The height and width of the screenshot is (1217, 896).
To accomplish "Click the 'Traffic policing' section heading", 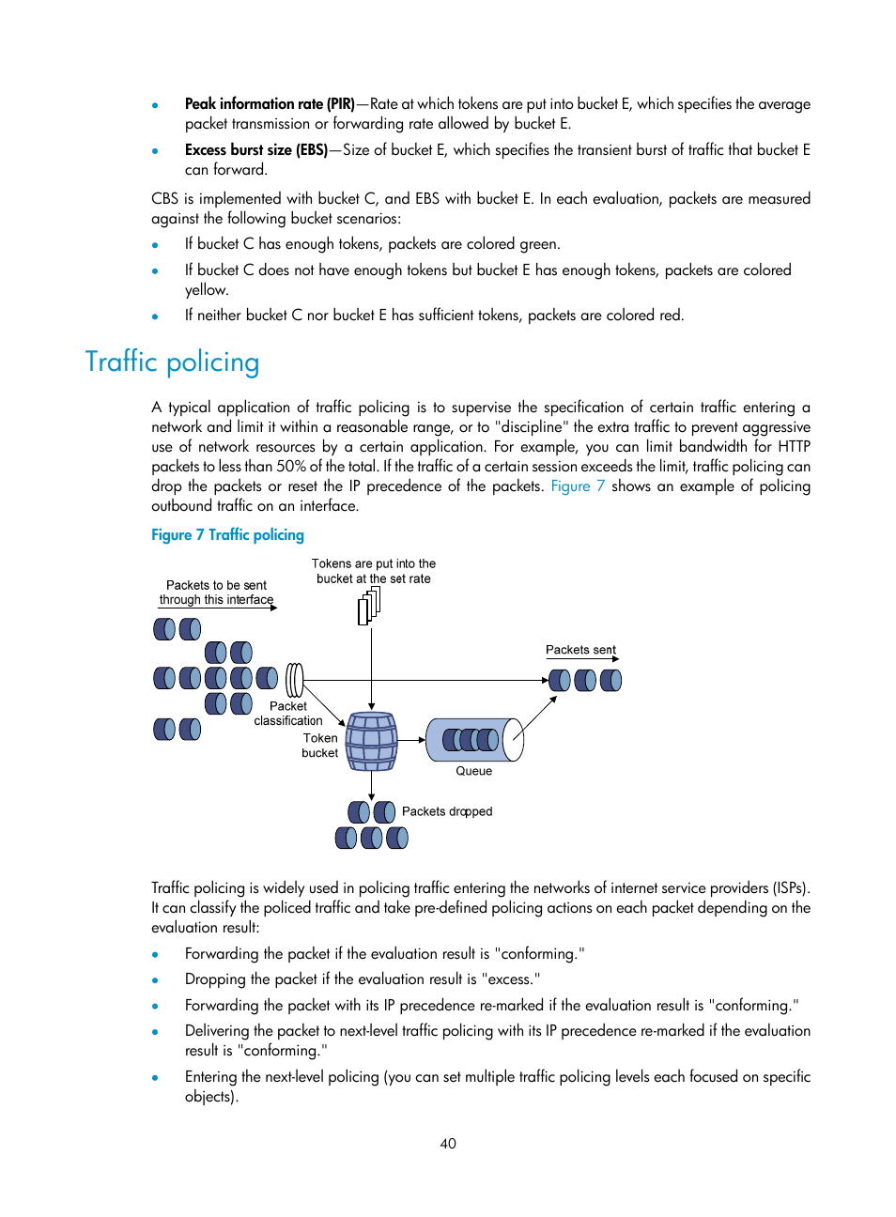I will pos(172,362).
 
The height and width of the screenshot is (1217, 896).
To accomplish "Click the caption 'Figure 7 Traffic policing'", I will pos(227,535).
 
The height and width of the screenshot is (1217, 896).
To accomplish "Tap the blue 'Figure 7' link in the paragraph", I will pos(577,486).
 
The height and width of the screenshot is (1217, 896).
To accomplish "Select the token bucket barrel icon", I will pos(372,741).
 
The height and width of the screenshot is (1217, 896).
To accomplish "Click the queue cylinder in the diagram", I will pos(474,740).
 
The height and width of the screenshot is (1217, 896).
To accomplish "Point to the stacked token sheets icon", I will pos(369,606).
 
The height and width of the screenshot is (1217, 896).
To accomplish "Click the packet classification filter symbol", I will pos(295,680).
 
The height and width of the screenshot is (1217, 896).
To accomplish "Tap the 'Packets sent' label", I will pos(580,650).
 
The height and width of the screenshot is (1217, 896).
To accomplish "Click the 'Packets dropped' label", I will pos(447,811).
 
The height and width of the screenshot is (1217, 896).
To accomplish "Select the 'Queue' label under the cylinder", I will pos(473,771).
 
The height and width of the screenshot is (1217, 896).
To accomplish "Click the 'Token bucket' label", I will pos(320,746).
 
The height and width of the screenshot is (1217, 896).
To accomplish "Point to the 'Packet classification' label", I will pos(288,714).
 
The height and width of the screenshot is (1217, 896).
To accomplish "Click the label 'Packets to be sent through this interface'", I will pos(216,593).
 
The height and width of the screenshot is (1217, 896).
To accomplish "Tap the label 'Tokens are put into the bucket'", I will pos(374,571).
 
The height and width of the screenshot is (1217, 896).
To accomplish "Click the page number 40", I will pos(448,1144).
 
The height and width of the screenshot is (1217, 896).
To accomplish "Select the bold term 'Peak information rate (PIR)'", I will pos(270,104).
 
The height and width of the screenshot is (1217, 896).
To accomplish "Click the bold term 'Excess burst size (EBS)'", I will pos(255,150).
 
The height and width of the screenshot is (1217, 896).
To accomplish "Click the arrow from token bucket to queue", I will pos(411,740).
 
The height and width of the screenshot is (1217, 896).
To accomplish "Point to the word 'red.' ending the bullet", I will pos(671,316).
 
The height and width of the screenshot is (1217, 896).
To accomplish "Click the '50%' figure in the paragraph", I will pos(291,467).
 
